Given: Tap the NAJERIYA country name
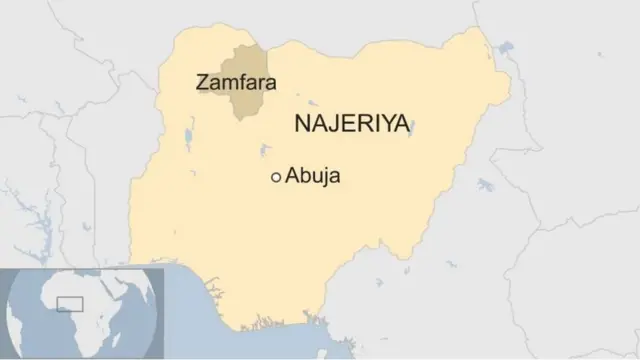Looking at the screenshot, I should [x=352, y=124].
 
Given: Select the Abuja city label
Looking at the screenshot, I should [x=314, y=176].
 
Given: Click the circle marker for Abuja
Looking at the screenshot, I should [x=276, y=177].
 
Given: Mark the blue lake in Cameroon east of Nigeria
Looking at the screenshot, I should [x=487, y=184].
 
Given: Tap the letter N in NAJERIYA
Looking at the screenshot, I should [x=300, y=124].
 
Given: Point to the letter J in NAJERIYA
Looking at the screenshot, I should [x=332, y=124].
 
